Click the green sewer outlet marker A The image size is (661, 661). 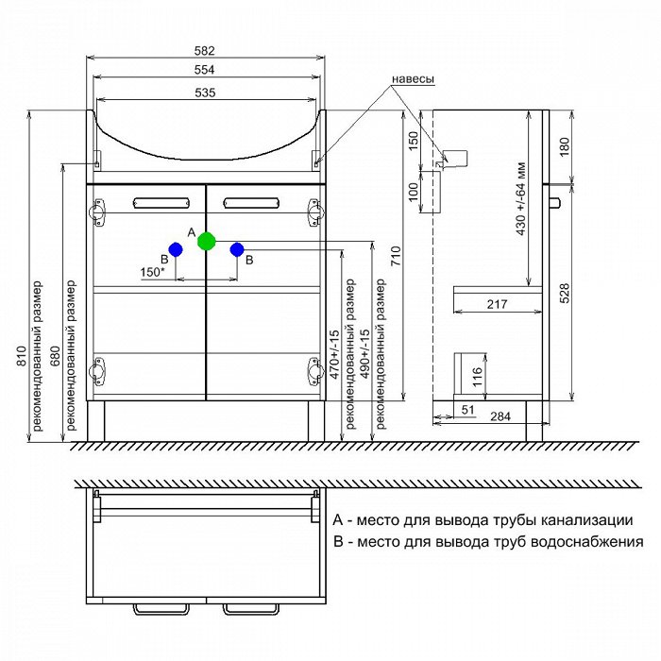tap(206, 241)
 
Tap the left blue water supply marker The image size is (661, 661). tap(175, 248)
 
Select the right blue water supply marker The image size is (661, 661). tap(237, 249)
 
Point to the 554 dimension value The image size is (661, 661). tap(206, 70)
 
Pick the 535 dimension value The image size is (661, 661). tap(206, 92)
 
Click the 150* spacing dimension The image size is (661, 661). tap(152, 273)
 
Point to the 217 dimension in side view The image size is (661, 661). tap(499, 304)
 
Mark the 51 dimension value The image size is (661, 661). tap(467, 410)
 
